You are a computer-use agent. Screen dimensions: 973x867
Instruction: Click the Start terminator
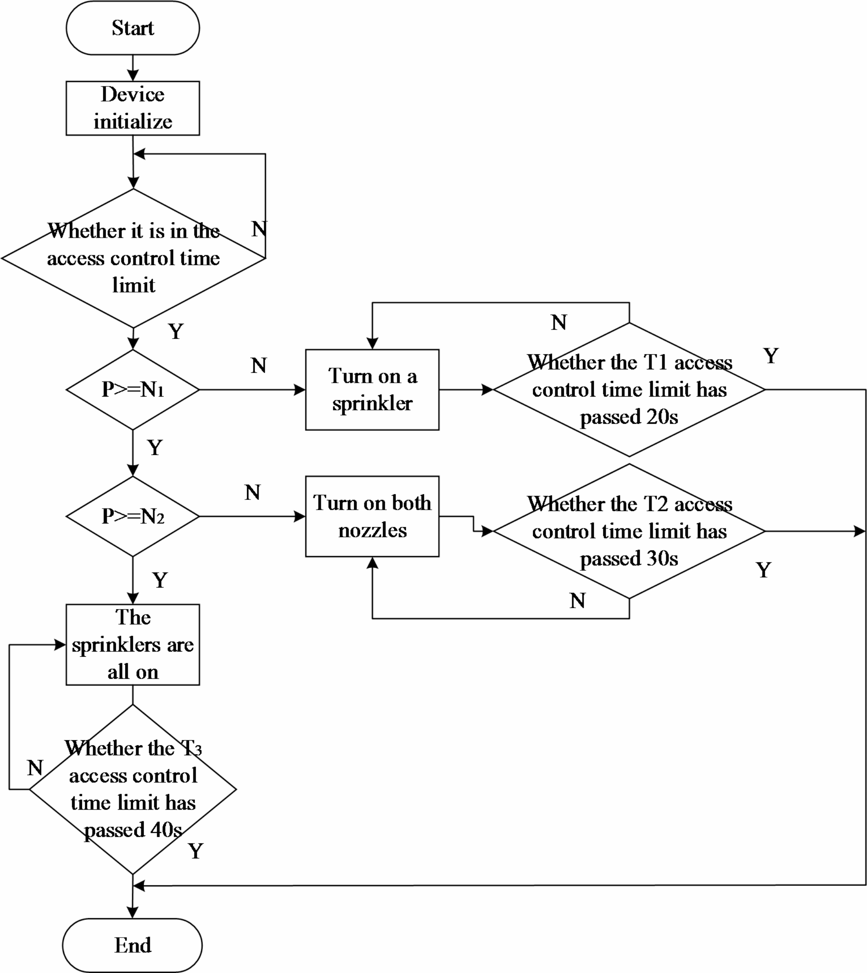point(133,28)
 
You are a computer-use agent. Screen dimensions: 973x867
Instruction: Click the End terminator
point(133,945)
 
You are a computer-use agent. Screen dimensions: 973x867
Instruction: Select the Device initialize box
point(133,108)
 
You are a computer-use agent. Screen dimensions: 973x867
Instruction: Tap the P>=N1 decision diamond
point(133,389)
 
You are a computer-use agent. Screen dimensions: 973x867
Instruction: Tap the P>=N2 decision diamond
point(133,516)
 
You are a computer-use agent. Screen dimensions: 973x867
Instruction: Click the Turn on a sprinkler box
point(372,389)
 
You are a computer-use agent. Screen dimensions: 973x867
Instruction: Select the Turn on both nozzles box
point(372,516)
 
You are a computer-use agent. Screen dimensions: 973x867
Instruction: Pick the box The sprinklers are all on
point(133,645)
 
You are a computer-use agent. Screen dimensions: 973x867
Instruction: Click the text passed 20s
point(629,417)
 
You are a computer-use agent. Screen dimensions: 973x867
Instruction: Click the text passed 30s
point(629,558)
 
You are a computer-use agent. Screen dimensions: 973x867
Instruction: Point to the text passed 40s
point(133,830)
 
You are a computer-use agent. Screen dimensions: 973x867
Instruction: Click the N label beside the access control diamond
point(259,229)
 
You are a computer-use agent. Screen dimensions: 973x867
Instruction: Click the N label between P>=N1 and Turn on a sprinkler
point(259,366)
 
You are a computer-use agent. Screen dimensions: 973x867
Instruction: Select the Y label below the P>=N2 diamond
point(160,580)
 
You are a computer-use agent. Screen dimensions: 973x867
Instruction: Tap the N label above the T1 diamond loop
point(559,323)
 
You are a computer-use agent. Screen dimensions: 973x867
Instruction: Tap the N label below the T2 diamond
point(577,601)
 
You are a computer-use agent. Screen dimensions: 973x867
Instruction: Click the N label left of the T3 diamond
point(35,767)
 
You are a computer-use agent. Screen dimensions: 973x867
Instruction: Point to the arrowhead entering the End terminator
point(133,913)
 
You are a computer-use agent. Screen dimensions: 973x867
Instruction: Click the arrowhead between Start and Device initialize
point(133,75)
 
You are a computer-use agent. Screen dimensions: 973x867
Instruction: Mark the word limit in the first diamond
point(133,285)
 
